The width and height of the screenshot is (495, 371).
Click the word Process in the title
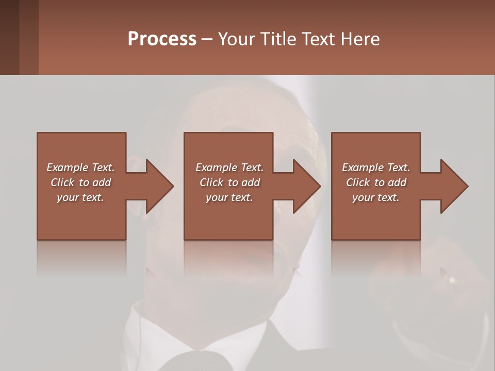pos(162,39)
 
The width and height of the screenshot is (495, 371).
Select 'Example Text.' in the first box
pos(80,167)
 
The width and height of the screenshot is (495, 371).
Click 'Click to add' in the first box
pos(80,182)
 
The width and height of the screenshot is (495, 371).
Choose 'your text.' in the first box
pos(80,197)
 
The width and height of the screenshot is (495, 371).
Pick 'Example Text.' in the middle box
pos(229,167)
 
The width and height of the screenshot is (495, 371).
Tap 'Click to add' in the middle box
pos(229,182)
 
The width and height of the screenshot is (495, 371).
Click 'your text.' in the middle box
pos(229,197)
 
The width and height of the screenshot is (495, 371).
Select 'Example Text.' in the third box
pos(376,167)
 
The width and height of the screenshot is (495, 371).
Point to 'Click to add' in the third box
pos(376,182)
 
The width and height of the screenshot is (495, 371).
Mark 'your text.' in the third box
pos(376,197)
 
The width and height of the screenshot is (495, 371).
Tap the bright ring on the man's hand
pos(452,280)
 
